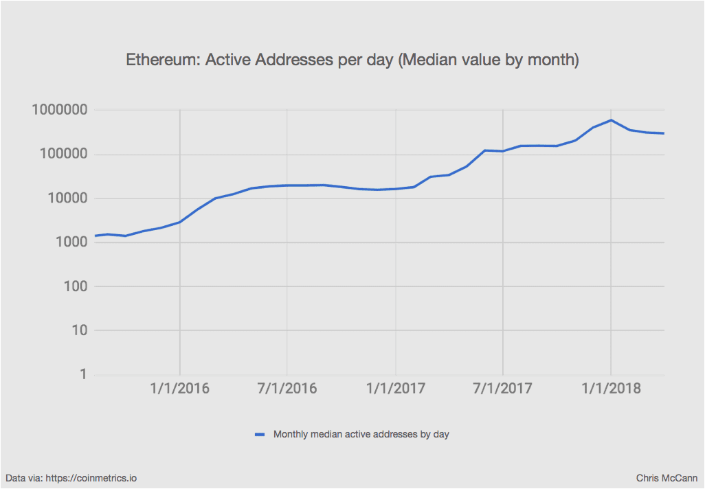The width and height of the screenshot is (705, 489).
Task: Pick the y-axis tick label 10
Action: (72, 330)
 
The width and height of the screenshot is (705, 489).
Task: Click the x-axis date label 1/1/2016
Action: (180, 389)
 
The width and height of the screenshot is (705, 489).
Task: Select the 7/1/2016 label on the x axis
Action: (287, 389)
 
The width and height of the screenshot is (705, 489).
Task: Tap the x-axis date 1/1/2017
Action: (396, 389)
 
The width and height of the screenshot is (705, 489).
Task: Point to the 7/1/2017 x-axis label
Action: (503, 389)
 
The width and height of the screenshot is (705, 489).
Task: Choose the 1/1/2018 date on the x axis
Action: (611, 389)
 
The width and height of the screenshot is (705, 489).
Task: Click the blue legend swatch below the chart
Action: (259, 434)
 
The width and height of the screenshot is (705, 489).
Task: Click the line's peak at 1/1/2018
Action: (611, 120)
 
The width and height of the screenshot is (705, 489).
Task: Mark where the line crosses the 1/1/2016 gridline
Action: (180, 222)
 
